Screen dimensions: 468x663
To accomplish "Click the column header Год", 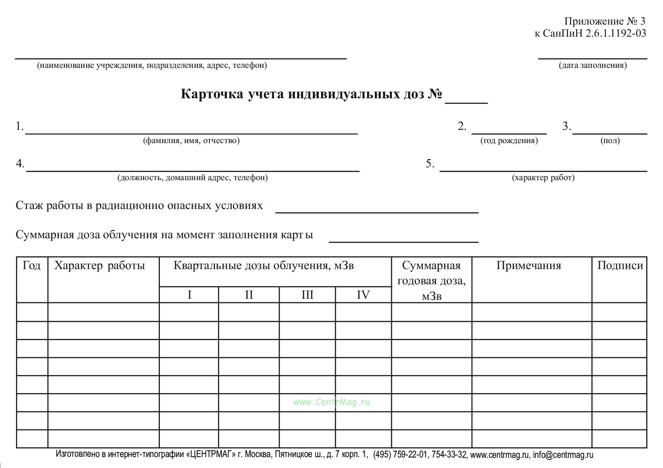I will click(32, 266).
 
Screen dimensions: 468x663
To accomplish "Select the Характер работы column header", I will click(99, 266).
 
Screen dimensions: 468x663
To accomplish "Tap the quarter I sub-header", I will click(190, 295).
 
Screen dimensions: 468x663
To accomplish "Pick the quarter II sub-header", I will click(249, 295).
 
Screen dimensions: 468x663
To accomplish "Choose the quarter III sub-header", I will click(307, 295).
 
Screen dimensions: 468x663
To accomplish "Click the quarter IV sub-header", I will click(363, 295).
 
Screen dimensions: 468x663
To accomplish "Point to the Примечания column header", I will click(528, 266).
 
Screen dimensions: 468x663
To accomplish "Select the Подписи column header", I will click(620, 266).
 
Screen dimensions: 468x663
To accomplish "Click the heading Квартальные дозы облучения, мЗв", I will click(264, 266).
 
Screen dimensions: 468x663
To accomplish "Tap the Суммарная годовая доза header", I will click(431, 280).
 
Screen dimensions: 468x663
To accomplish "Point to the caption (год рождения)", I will click(509, 141).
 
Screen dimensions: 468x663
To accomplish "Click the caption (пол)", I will click(610, 141).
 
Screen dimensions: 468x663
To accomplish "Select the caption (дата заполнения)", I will click(593, 66).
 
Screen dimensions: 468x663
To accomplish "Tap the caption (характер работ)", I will click(543, 178).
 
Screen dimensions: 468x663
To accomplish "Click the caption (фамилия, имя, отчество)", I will click(191, 141).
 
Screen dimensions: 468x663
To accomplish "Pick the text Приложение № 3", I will click(605, 21).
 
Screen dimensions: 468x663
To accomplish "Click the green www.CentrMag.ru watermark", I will click(331, 402).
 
